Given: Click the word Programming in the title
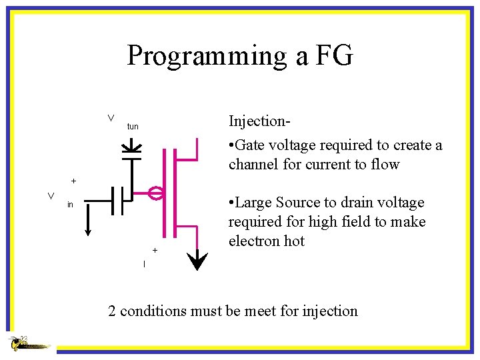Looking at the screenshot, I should tap(207, 56).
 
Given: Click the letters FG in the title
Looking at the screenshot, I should tap(333, 56).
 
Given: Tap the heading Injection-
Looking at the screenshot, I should tap(259, 121).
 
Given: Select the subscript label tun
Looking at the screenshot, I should tap(133, 127).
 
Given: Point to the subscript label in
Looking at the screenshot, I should tap(70, 205).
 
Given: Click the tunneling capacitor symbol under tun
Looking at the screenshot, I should tap(133, 148).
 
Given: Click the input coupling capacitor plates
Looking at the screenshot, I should tap(118, 199).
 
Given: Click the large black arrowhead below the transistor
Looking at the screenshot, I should tap(197, 261).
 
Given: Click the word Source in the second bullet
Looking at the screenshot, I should tap(293, 203).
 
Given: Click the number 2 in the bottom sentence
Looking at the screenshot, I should tap(113, 311).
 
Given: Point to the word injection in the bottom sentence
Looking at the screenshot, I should tap(329, 311).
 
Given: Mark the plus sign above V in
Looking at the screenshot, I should tap(73, 181).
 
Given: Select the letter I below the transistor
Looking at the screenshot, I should tap(144, 265).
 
